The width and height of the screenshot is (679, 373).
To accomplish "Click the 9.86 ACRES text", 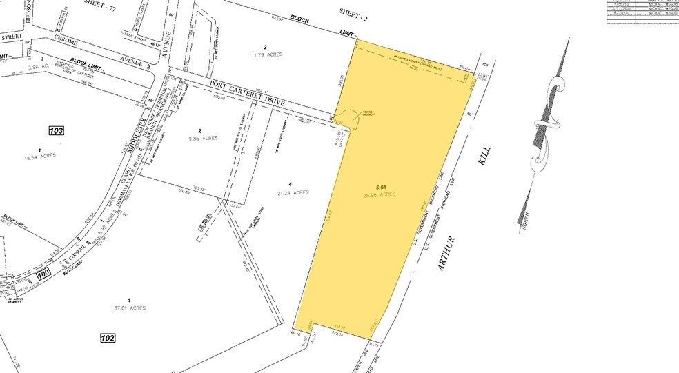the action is [x=201, y=138].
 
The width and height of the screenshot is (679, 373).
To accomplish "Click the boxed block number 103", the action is [x=57, y=130].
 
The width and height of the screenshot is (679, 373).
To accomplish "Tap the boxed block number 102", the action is [x=106, y=339].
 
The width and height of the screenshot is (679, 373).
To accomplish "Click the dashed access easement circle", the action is [x=348, y=119].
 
